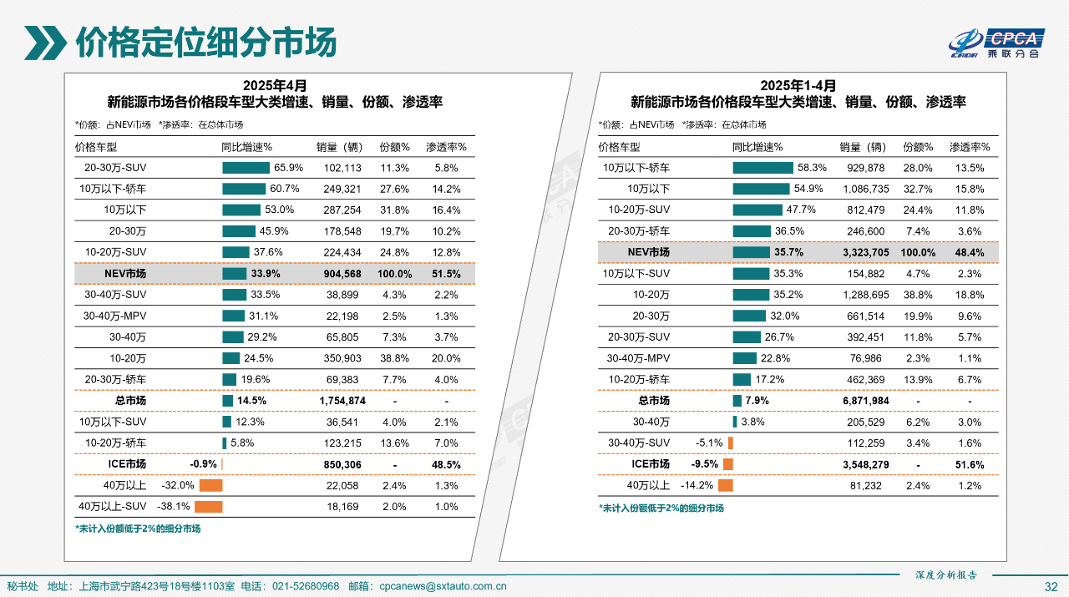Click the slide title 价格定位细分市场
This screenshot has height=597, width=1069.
[205, 41]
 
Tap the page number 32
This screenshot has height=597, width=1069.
[1051, 586]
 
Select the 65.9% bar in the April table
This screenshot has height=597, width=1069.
[246, 167]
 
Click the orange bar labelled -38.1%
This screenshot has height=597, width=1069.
[209, 506]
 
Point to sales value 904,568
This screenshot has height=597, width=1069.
[342, 274]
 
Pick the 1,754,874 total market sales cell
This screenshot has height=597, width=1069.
[342, 401]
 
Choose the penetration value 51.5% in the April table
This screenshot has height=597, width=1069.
[447, 274]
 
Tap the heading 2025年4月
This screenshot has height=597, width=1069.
[275, 85]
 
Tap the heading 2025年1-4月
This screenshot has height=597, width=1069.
[798, 85]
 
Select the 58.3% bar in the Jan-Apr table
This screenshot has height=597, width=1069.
[762, 167]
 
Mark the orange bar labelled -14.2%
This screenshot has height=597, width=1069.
[725, 485]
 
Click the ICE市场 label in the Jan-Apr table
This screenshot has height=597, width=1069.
[650, 464]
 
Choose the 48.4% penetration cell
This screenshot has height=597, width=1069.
[970, 252]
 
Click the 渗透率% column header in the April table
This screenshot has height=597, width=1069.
[447, 147]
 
